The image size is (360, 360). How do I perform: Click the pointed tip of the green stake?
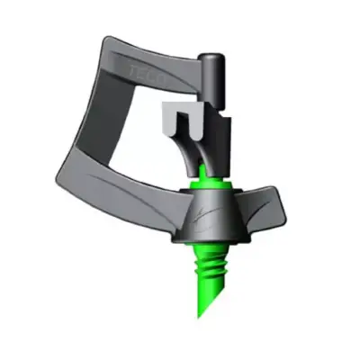coord(202,313)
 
